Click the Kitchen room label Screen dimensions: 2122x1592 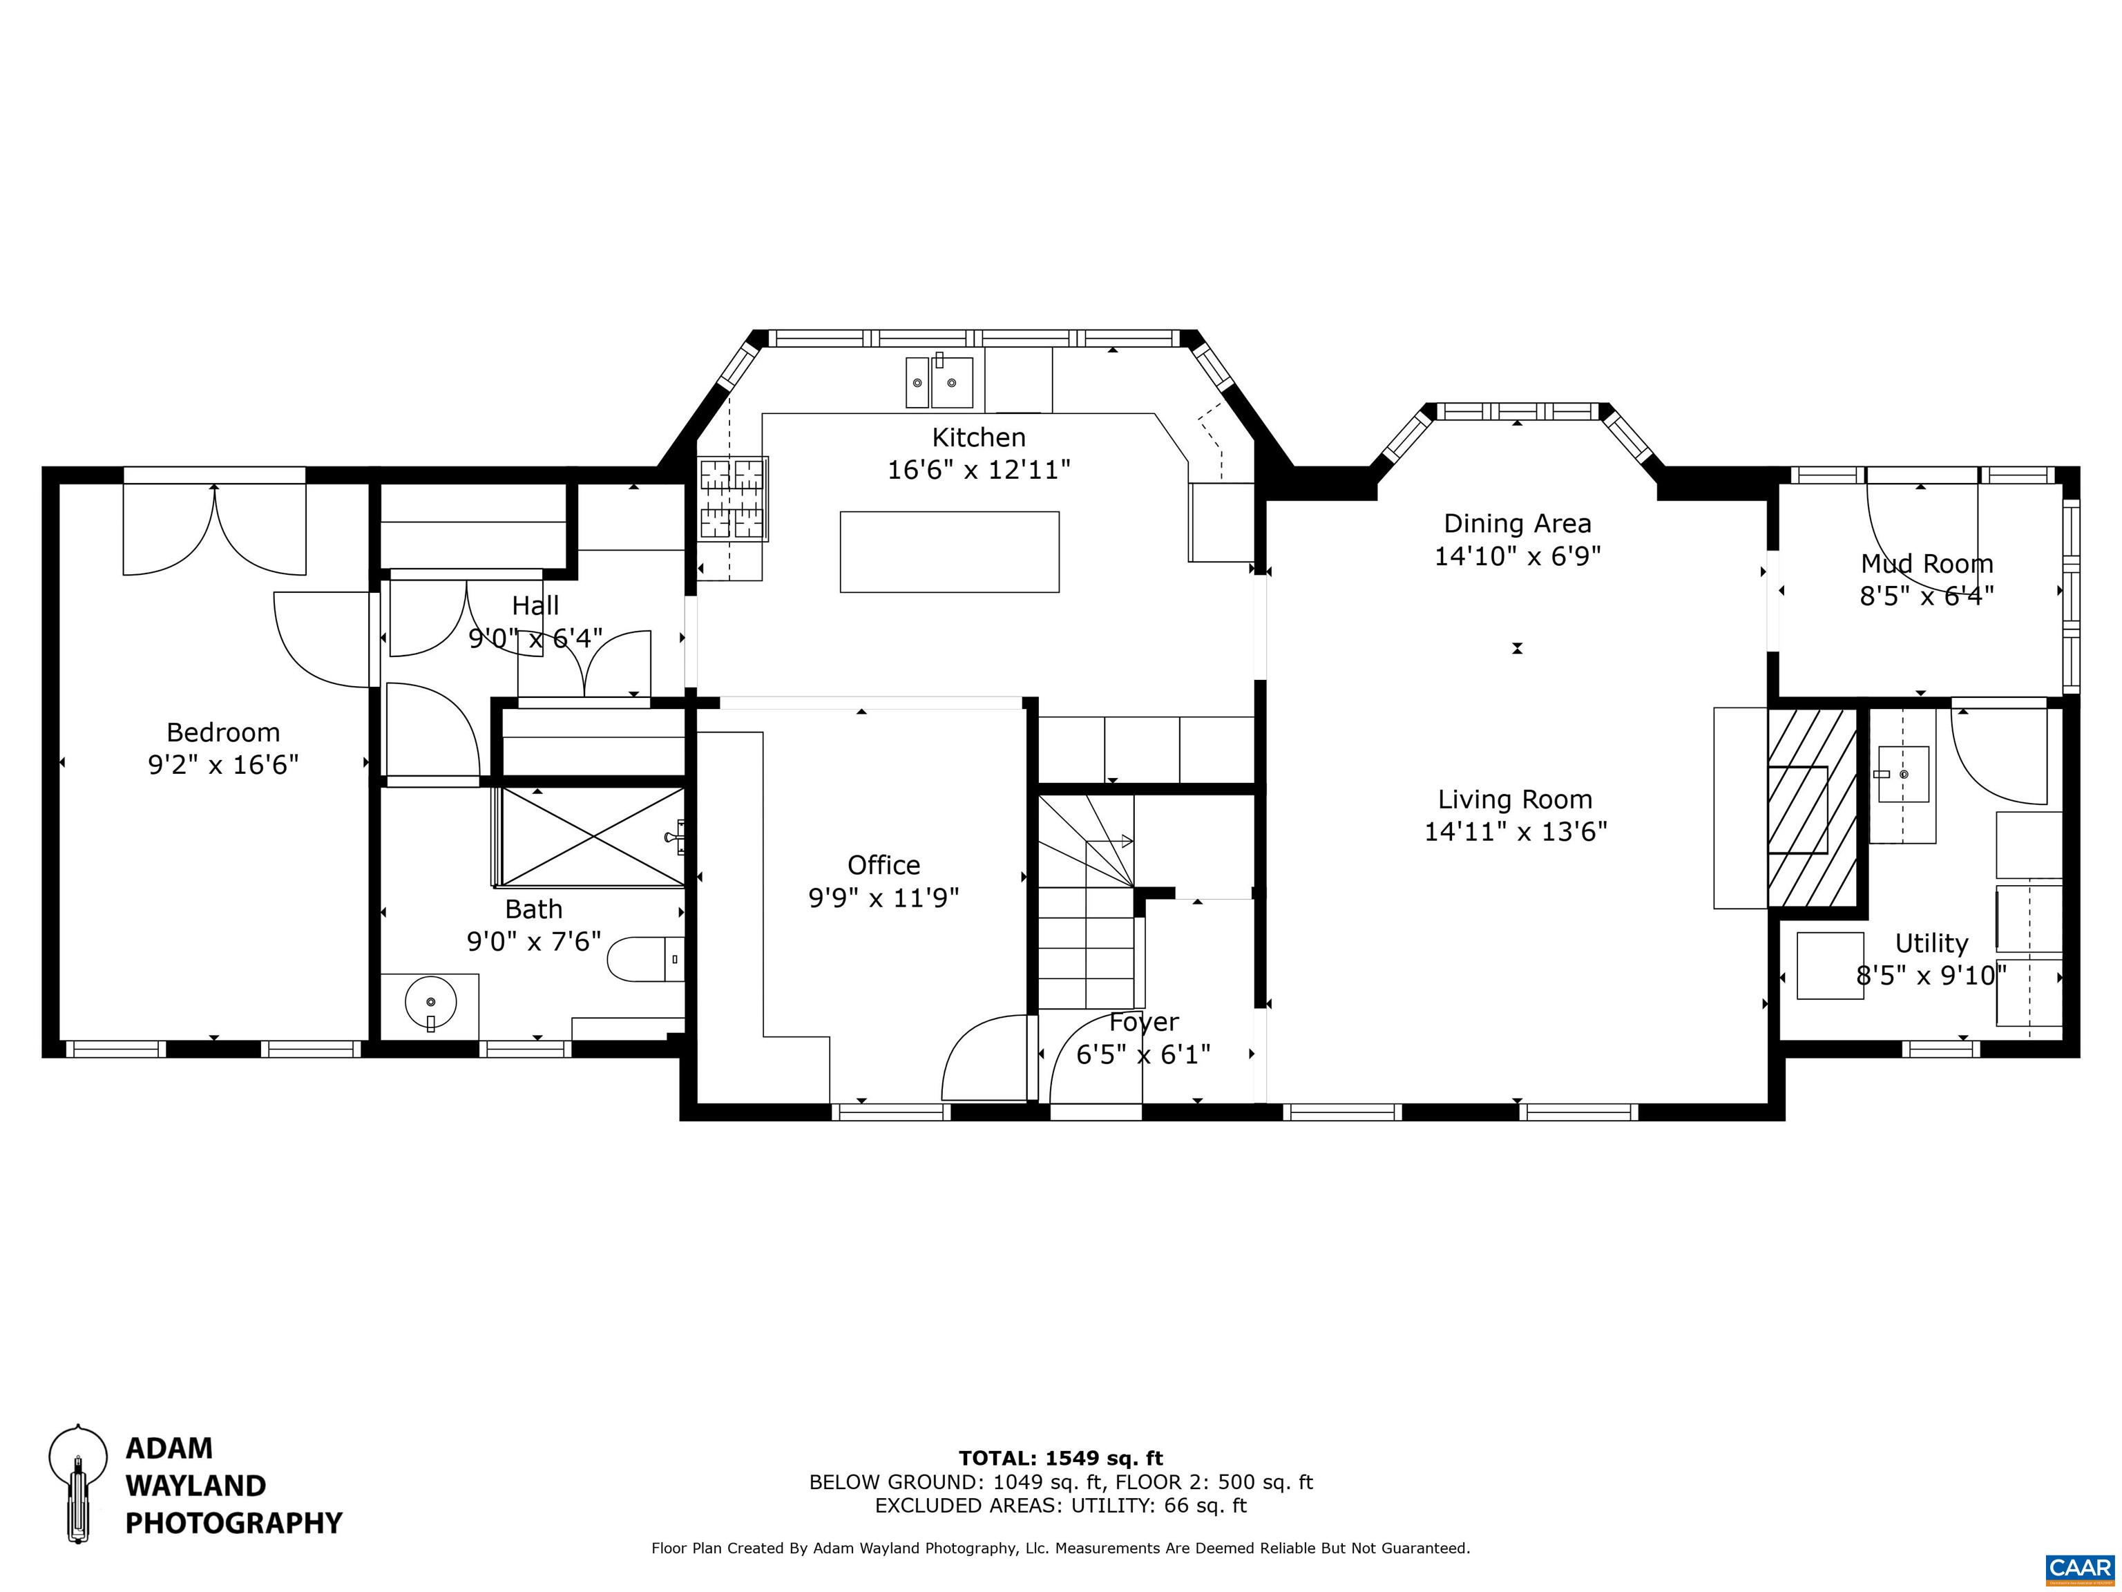click(x=979, y=437)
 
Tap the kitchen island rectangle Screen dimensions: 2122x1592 click(x=950, y=552)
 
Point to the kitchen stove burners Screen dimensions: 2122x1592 click(x=733, y=498)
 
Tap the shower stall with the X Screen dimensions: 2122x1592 click(x=593, y=837)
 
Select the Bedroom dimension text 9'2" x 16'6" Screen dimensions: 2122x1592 click(x=222, y=765)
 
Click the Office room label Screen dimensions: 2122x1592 click(x=883, y=866)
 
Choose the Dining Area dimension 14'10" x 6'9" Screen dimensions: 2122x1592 click(x=1518, y=556)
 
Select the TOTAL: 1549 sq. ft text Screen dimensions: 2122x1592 click(x=1061, y=1459)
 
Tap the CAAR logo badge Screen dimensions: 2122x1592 click(x=2079, y=1567)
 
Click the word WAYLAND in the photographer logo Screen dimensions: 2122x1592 click(x=195, y=1486)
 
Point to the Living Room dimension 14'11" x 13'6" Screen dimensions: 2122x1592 click(x=1516, y=831)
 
